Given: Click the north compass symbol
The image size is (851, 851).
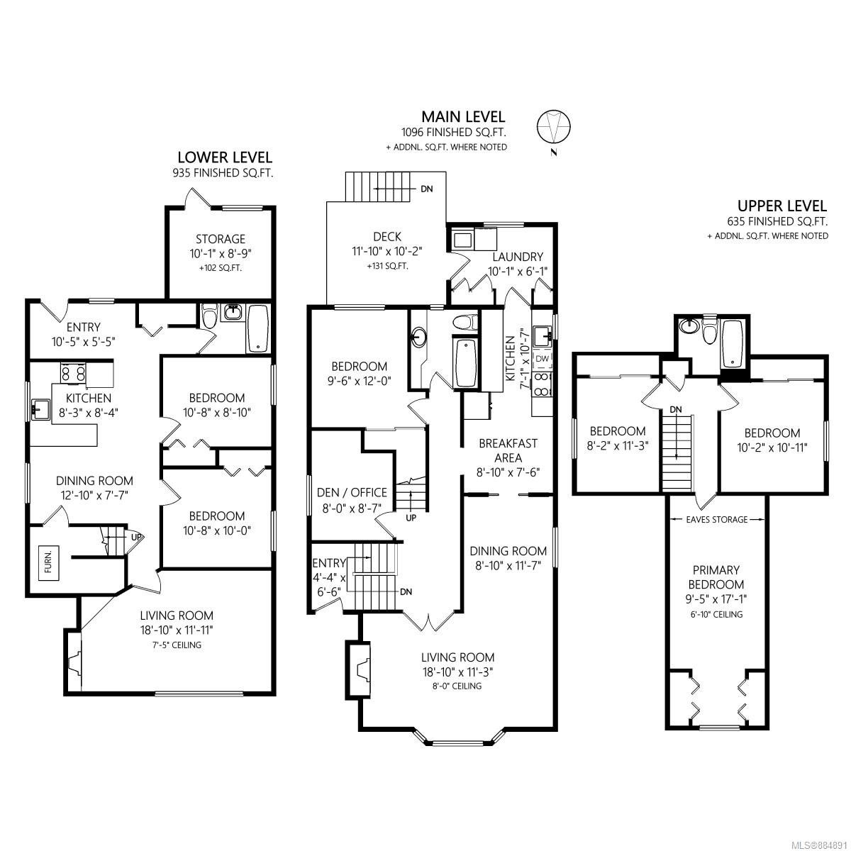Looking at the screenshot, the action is tap(553, 126).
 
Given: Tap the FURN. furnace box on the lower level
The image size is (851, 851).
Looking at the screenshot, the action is tap(48, 565).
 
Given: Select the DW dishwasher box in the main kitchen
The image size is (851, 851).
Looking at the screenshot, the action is tap(543, 359).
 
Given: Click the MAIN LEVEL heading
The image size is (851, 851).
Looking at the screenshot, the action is tap(463, 116).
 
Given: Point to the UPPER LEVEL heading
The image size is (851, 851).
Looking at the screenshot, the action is tap(782, 206).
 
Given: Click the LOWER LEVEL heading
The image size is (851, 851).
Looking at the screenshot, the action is tap(225, 157).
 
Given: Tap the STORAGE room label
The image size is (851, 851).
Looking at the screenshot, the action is tap(221, 239).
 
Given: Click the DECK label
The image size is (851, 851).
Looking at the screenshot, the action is tap(387, 237).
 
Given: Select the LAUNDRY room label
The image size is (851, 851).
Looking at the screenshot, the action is tap(518, 257).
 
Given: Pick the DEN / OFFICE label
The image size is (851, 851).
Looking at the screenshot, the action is tap(352, 492).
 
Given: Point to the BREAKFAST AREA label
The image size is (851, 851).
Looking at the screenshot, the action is tap(508, 450).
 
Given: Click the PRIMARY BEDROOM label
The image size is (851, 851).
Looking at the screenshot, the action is tap(716, 577).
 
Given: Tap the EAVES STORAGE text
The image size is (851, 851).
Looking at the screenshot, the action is tap(717, 520).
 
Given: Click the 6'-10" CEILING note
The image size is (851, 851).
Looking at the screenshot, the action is tap(716, 614).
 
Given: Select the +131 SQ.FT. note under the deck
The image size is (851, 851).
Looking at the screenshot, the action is tap(387, 267).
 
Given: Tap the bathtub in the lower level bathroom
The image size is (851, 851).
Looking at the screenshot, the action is tap(258, 328).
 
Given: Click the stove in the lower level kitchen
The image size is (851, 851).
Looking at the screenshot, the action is tap(73, 373).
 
